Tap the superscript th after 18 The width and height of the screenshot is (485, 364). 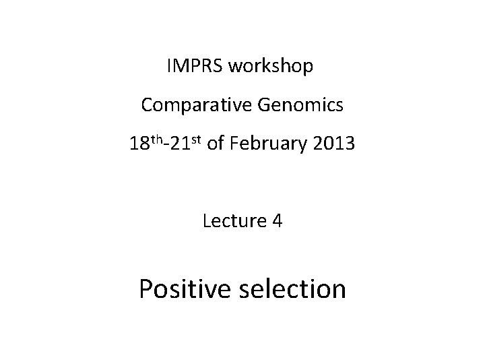[x=157, y=140]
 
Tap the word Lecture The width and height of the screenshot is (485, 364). [x=232, y=220]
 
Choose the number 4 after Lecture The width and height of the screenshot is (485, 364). [x=278, y=220]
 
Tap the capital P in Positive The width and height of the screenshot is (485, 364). [x=146, y=289]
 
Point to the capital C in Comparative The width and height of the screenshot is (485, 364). [x=148, y=105]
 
